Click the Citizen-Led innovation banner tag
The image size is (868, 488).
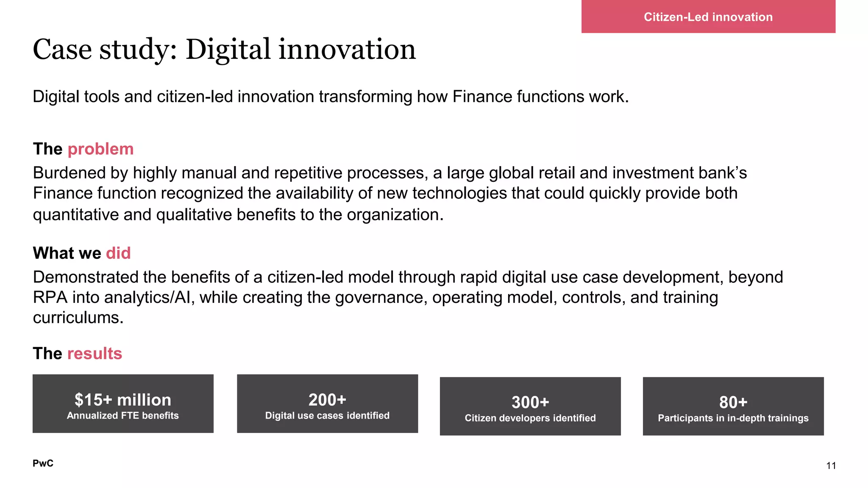[708, 17]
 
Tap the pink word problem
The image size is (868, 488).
[100, 149]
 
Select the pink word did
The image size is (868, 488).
[118, 253]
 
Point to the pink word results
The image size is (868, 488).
[95, 354]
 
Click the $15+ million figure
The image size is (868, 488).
[123, 400]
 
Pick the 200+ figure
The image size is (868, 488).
[327, 400]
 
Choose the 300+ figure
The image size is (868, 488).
[530, 402]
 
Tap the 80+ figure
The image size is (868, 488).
[733, 402]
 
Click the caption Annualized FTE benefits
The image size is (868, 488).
[123, 416]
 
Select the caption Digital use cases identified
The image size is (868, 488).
[327, 416]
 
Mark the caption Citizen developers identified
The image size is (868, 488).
[530, 418]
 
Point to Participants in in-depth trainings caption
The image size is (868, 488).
[733, 418]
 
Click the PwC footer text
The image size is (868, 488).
[43, 463]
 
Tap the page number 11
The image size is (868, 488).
[831, 466]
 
